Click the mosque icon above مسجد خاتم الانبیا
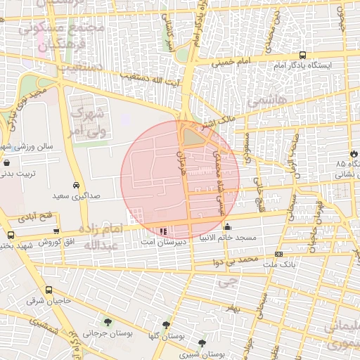[x=227, y=227]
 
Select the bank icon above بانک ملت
[x=279, y=253]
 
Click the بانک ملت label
[x=280, y=264]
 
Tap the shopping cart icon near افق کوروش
[x=56, y=231]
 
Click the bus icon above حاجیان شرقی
[x=49, y=290]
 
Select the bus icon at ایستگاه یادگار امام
[x=302, y=55]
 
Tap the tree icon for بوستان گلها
[x=166, y=325]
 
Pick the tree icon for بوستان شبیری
[x=202, y=343]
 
